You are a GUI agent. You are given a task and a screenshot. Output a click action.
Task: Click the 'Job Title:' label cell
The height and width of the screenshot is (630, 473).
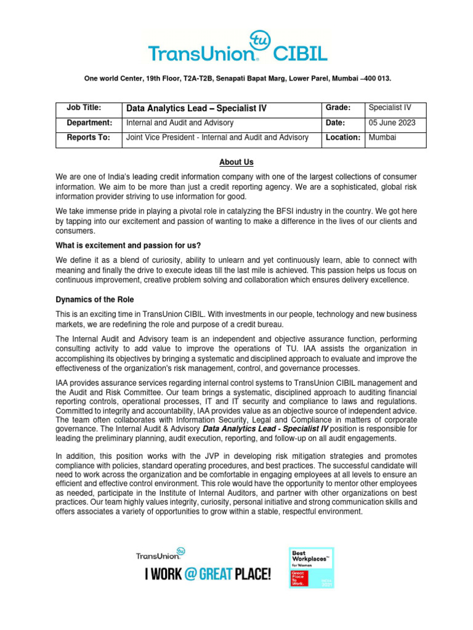pyautogui.click(x=83, y=108)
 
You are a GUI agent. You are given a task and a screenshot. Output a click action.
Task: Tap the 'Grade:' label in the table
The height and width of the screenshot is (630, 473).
pyautogui.click(x=338, y=108)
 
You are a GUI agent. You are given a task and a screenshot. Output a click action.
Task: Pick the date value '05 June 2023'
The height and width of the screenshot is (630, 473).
pyautogui.click(x=392, y=122)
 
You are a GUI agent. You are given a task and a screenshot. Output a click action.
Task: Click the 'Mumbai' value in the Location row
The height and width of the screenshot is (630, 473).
pyautogui.click(x=382, y=137)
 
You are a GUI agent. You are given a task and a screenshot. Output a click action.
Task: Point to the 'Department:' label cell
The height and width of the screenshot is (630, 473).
pyautogui.click(x=89, y=122)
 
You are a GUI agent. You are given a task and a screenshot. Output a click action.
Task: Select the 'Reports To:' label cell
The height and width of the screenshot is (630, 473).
pyautogui.click(x=88, y=137)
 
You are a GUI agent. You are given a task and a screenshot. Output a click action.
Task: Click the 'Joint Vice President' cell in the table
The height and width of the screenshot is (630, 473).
pyautogui.click(x=217, y=137)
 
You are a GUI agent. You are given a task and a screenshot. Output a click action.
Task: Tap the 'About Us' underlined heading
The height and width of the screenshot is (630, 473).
pyautogui.click(x=236, y=162)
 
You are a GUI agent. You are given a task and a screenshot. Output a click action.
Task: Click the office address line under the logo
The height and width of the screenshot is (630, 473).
pyautogui.click(x=236, y=79)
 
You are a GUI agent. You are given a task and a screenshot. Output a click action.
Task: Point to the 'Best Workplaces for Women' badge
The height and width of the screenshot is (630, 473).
pyautogui.click(x=312, y=566)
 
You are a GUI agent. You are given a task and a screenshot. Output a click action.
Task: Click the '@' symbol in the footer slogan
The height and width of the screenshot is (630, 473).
pyautogui.click(x=190, y=575)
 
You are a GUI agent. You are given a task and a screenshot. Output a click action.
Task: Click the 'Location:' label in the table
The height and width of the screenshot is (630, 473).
pyautogui.click(x=342, y=137)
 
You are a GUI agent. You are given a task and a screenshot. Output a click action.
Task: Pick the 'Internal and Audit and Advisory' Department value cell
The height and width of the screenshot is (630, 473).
pyautogui.click(x=180, y=122)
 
